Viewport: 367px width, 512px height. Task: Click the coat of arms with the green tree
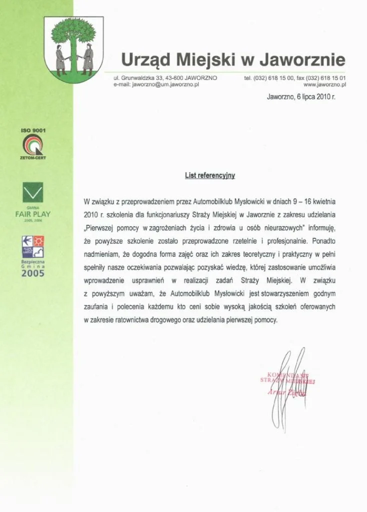click(73, 46)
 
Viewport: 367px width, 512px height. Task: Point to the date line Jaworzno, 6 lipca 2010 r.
click(301, 97)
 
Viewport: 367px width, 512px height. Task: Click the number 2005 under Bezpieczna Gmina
click(32, 273)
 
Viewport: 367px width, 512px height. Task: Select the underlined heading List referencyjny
click(209, 175)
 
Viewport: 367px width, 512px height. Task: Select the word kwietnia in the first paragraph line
click(324, 201)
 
